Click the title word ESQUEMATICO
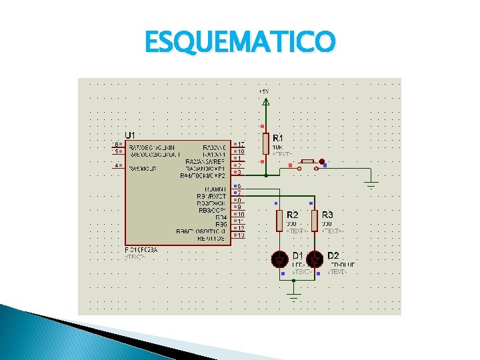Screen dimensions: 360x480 click(240, 43)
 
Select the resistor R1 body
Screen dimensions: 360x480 click(266, 143)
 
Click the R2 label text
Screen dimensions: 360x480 click(292, 215)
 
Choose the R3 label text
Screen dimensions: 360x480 click(327, 215)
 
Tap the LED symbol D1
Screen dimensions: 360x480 click(280, 258)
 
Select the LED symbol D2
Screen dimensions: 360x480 click(315, 258)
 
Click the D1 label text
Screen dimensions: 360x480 click(298, 256)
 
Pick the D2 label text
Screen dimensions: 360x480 click(333, 256)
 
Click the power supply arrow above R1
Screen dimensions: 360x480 click(266, 102)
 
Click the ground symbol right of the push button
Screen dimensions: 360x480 click(371, 184)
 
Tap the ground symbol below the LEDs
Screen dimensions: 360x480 click(293, 291)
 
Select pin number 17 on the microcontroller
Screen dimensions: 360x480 click(241, 144)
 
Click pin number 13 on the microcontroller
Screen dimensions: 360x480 click(241, 235)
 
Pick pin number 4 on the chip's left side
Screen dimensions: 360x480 click(117, 165)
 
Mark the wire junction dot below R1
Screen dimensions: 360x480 click(266, 175)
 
